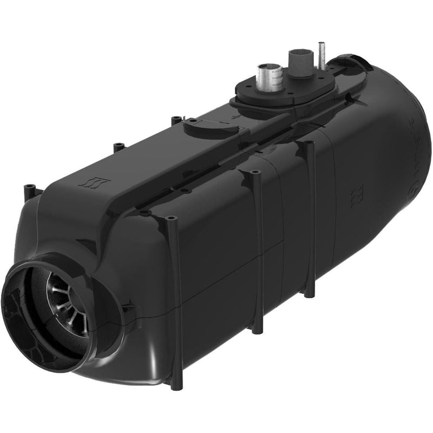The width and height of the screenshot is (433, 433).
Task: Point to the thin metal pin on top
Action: tap(322, 55)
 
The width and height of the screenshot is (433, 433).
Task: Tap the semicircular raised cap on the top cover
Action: tap(205, 126)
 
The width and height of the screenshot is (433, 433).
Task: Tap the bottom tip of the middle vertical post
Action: tap(256, 328)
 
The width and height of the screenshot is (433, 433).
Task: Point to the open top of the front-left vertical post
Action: tap(172, 219)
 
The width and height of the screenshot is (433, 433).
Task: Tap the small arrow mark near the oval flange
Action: tap(233, 115)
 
